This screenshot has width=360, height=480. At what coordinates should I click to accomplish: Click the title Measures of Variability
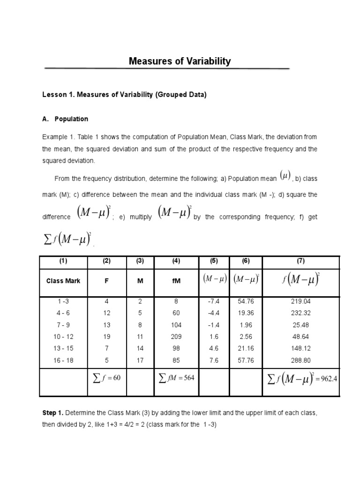[x=180, y=61]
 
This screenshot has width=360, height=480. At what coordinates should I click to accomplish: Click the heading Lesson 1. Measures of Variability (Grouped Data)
[x=124, y=95]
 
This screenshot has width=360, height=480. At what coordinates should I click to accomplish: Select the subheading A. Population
[x=65, y=119]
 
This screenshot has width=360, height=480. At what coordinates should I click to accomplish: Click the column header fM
[x=176, y=281]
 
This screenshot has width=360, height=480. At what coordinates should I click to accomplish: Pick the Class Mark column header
[x=63, y=281]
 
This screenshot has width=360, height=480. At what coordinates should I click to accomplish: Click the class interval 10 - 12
[x=63, y=337]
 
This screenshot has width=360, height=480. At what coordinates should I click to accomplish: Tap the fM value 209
[x=176, y=337]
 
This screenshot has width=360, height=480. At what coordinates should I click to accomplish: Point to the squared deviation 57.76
[x=246, y=361]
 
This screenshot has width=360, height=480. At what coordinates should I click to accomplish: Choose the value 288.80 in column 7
[x=300, y=361]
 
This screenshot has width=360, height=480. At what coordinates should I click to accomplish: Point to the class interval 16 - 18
[x=63, y=361]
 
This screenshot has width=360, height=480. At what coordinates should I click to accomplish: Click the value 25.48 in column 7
[x=300, y=325]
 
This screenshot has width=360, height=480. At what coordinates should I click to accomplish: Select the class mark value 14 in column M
[x=139, y=349]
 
